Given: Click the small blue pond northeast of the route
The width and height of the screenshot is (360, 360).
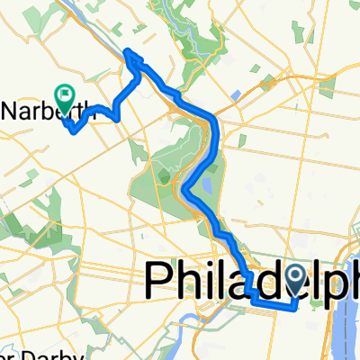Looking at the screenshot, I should [x=236, y=94].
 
